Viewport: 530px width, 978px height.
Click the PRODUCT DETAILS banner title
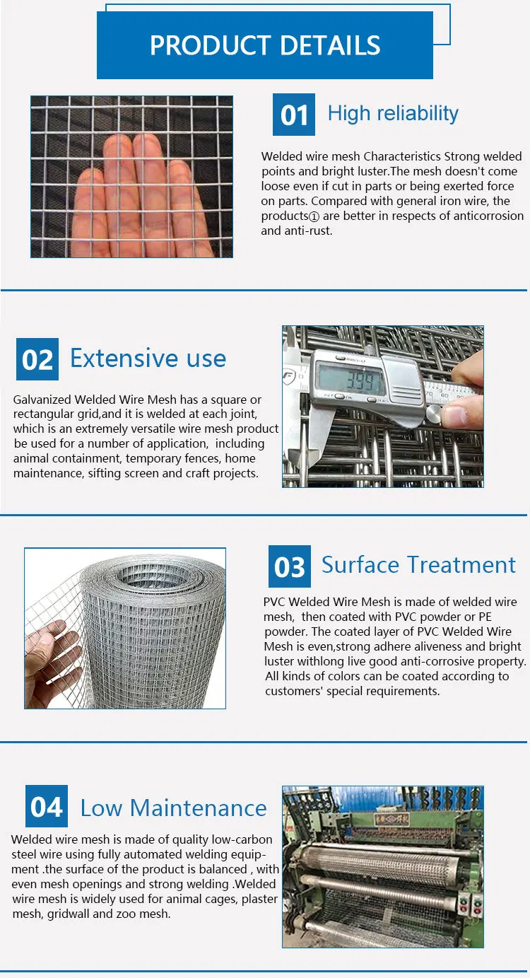click(x=265, y=45)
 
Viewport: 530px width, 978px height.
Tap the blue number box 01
click(x=293, y=115)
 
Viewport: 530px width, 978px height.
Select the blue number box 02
click(x=37, y=359)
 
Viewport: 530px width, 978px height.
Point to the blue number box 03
click(x=290, y=566)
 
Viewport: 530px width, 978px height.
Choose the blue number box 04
click(x=46, y=806)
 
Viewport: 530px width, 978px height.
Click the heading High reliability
click(x=393, y=114)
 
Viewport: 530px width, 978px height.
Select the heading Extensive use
click(x=148, y=359)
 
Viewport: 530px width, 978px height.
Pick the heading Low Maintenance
click(x=174, y=808)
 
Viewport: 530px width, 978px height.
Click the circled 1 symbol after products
click(x=314, y=216)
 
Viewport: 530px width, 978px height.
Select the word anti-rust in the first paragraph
click(x=308, y=231)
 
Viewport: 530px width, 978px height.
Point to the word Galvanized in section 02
click(x=42, y=400)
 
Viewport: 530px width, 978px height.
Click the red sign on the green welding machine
click(x=391, y=820)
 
